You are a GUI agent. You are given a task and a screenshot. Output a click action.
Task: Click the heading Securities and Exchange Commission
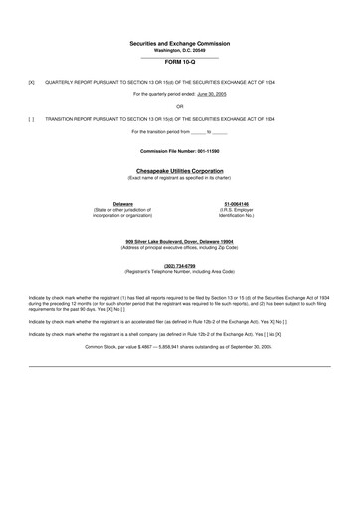(x=179, y=45)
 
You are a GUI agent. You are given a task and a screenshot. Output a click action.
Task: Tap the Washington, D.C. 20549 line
(x=179, y=52)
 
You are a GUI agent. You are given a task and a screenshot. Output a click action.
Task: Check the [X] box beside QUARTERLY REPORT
(x=31, y=82)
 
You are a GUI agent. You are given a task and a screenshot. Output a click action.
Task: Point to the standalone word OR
(x=179, y=105)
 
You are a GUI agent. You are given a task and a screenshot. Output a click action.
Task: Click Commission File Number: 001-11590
(x=179, y=150)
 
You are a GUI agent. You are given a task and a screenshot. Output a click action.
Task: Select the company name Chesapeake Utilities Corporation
(x=179, y=170)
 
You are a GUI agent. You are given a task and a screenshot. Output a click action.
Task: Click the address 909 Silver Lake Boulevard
(x=179, y=240)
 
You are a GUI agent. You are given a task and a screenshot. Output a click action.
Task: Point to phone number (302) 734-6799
(x=179, y=265)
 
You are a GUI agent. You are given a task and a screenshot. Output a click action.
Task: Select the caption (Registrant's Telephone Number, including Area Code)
(x=179, y=271)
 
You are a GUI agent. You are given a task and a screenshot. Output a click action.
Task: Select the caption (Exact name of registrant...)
(x=179, y=177)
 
